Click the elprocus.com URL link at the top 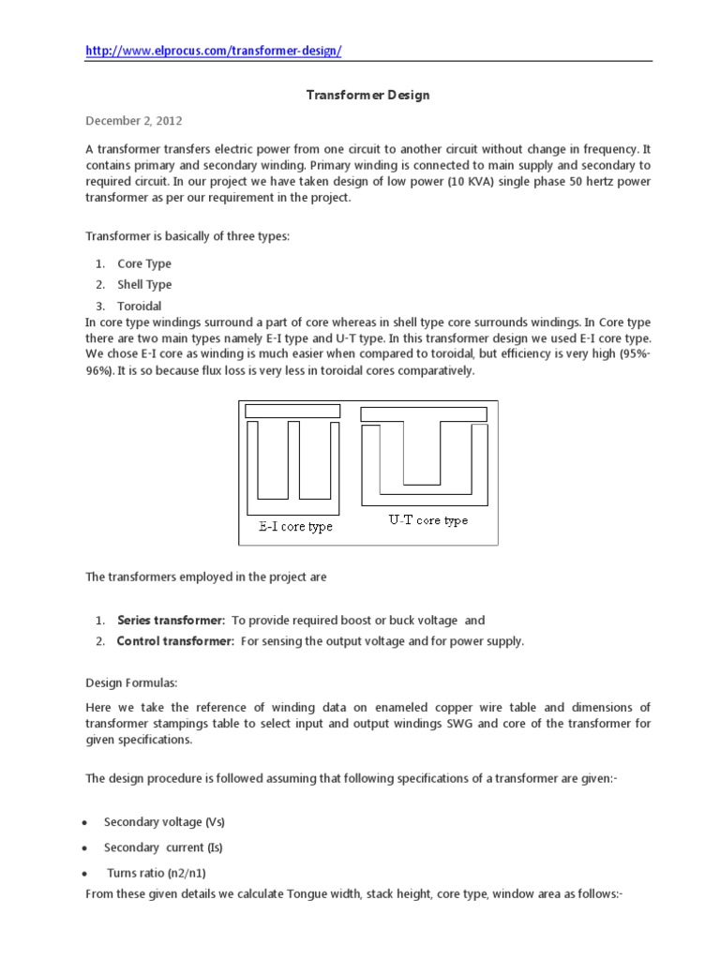pyautogui.click(x=214, y=51)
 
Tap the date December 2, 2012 pyautogui.click(x=134, y=121)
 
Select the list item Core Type pyautogui.click(x=143, y=264)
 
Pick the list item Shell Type pyautogui.click(x=144, y=285)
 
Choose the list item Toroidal pyautogui.click(x=140, y=306)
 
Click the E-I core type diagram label pyautogui.click(x=295, y=527)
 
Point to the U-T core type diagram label pyautogui.click(x=427, y=519)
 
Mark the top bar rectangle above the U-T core pyautogui.click(x=423, y=413)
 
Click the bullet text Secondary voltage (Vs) pyautogui.click(x=164, y=822)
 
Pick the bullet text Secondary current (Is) pyautogui.click(x=163, y=847)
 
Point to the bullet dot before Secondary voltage pyautogui.click(x=85, y=823)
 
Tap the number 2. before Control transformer pyautogui.click(x=99, y=641)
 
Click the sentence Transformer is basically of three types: pyautogui.click(x=187, y=236)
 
